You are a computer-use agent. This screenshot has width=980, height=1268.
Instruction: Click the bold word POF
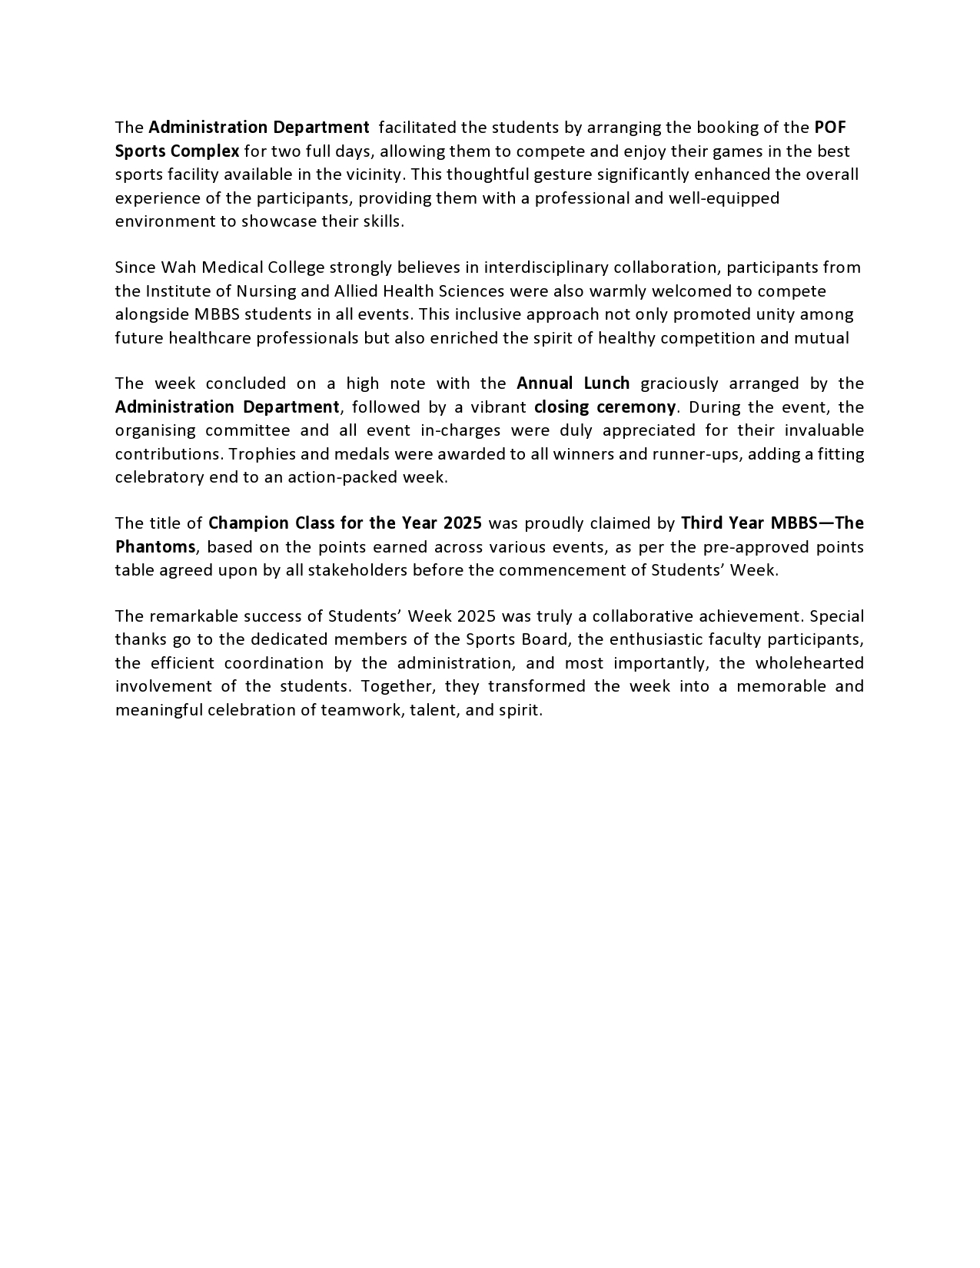coord(830,127)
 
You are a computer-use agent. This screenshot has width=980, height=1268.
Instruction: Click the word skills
coord(382,221)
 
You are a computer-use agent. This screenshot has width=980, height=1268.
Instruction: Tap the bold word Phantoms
coord(156,547)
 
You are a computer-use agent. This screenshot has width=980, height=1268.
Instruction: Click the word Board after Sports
coord(543,639)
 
